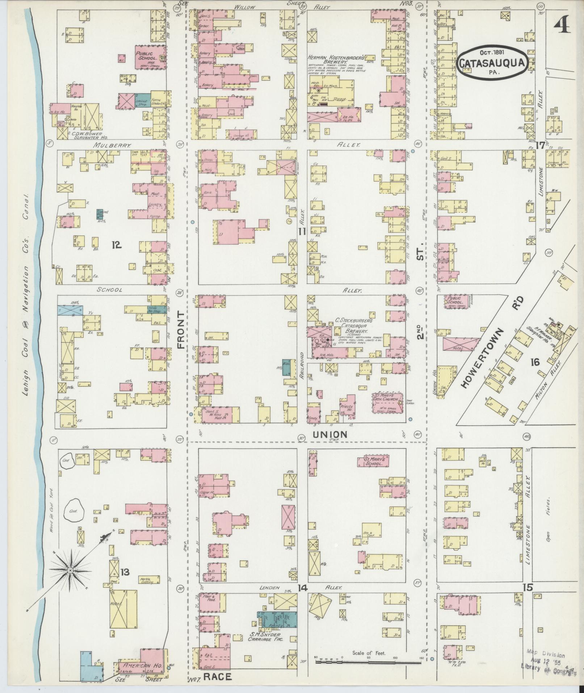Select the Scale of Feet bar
(368, 661)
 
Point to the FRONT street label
(181, 329)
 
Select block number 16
(534, 361)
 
